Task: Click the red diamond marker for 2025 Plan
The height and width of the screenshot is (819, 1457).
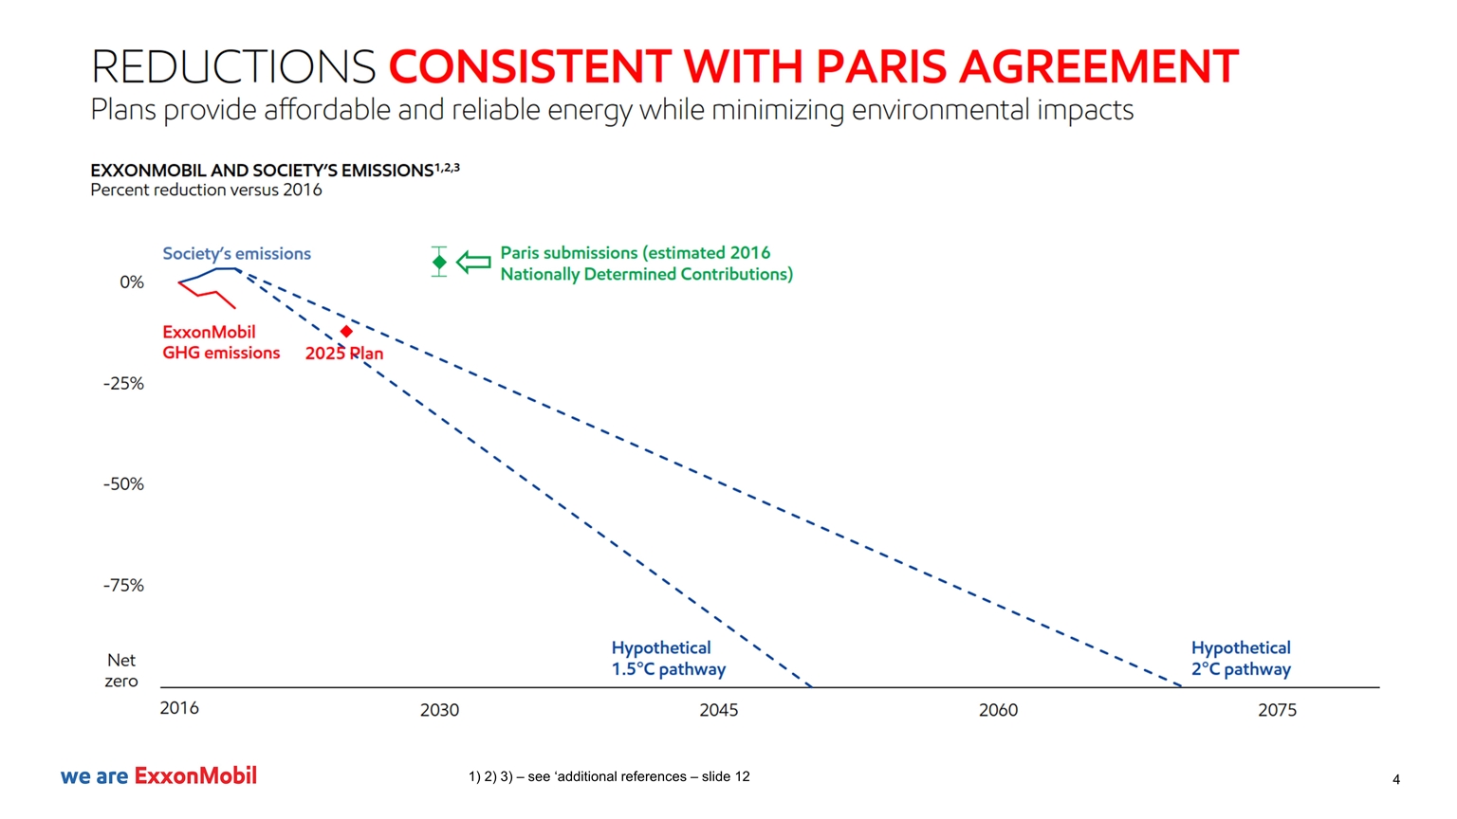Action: click(346, 331)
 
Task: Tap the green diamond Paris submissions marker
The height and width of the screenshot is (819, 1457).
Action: click(439, 262)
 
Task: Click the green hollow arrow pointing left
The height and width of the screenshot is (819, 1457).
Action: click(473, 262)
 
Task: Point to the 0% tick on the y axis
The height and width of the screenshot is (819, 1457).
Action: click(132, 282)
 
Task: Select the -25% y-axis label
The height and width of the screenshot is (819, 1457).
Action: click(124, 384)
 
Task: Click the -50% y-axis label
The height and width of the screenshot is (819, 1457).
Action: click(124, 484)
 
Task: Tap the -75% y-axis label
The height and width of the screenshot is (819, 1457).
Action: click(124, 586)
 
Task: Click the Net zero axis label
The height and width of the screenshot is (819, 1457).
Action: click(121, 670)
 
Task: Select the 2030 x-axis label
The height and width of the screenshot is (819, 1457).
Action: click(439, 710)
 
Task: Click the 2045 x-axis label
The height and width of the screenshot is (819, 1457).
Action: click(719, 710)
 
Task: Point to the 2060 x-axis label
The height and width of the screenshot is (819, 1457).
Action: click(998, 710)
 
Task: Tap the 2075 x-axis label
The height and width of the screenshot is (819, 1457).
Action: click(1277, 710)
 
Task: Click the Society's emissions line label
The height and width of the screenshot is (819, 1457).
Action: click(236, 253)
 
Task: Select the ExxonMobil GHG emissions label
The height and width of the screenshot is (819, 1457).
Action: click(221, 342)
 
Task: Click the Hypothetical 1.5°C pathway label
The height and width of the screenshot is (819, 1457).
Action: click(668, 659)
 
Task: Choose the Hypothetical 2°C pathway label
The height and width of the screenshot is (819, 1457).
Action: click(1241, 659)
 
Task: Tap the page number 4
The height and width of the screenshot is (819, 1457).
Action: click(1396, 780)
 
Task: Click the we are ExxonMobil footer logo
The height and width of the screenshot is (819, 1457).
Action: click(158, 776)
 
